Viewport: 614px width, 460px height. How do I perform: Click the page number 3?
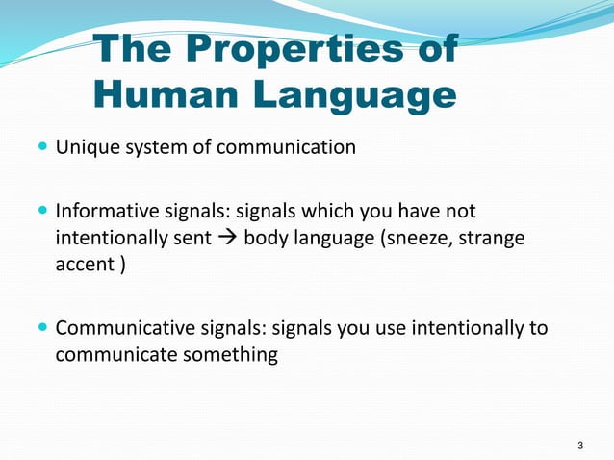point(579,445)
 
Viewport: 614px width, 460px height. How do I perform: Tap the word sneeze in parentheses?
point(420,237)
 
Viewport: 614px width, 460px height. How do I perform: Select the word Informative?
point(102,211)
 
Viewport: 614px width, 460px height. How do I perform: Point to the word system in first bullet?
point(154,148)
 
